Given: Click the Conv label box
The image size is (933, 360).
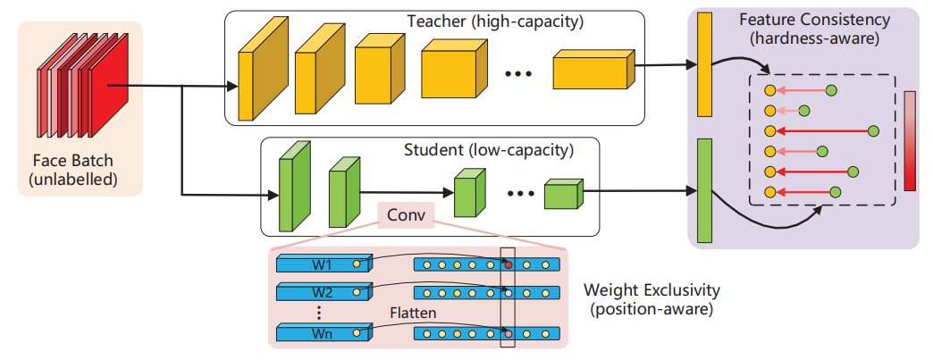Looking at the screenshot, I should pyautogui.click(x=405, y=215).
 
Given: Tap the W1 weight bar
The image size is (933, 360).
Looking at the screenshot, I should pyautogui.click(x=323, y=265).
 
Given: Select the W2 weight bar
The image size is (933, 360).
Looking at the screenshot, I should pyautogui.click(x=323, y=292).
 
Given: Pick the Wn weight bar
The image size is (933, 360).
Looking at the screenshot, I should pyautogui.click(x=323, y=332).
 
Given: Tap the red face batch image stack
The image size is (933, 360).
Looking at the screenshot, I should pyautogui.click(x=75, y=89).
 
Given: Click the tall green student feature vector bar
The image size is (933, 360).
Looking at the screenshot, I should pyautogui.click(x=703, y=190).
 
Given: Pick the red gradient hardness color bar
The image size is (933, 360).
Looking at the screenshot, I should pyautogui.click(x=910, y=140).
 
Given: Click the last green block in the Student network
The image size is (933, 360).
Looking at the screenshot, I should pyautogui.click(x=562, y=194).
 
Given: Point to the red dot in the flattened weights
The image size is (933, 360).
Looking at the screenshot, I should pyautogui.click(x=509, y=265).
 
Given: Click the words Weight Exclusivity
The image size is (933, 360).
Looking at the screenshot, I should pyautogui.click(x=651, y=291).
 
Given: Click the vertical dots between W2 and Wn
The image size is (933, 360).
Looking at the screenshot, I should pyautogui.click(x=319, y=313).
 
